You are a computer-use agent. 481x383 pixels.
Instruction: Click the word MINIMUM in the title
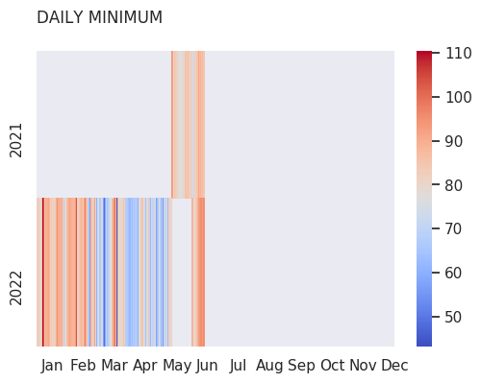pyautogui.click(x=125, y=17)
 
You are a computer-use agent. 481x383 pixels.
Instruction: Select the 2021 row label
pyautogui.click(x=15, y=140)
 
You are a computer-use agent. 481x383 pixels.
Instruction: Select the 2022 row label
pyautogui.click(x=15, y=288)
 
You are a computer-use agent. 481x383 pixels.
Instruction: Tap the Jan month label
pyautogui.click(x=52, y=366)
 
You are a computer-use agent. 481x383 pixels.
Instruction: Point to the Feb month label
pyautogui.click(x=83, y=366)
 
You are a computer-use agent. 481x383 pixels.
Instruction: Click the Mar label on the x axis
pyautogui.click(x=114, y=366)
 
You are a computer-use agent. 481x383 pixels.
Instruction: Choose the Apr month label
pyautogui.click(x=145, y=367)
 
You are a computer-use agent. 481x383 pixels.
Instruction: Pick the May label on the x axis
pyautogui.click(x=177, y=367)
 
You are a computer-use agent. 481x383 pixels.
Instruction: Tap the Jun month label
pyautogui.click(x=207, y=366)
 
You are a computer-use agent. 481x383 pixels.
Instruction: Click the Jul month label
pyautogui.click(x=238, y=366)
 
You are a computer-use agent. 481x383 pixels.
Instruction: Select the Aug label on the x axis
pyautogui.click(x=269, y=367)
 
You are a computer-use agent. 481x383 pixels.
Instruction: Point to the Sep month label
pyautogui.click(x=301, y=367)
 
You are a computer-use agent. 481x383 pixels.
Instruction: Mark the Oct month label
pyautogui.click(x=333, y=366)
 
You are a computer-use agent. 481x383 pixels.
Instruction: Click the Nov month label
pyautogui.click(x=363, y=366)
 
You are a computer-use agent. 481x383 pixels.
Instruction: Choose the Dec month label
pyautogui.click(x=394, y=366)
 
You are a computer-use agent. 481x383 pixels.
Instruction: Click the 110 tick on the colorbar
pyautogui.click(x=459, y=53)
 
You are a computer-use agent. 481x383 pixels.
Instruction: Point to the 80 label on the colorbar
pyautogui.click(x=453, y=185)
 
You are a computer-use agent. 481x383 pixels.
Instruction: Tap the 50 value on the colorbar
pyautogui.click(x=453, y=317)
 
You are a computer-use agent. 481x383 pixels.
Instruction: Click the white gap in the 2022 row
pyautogui.click(x=182, y=273)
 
